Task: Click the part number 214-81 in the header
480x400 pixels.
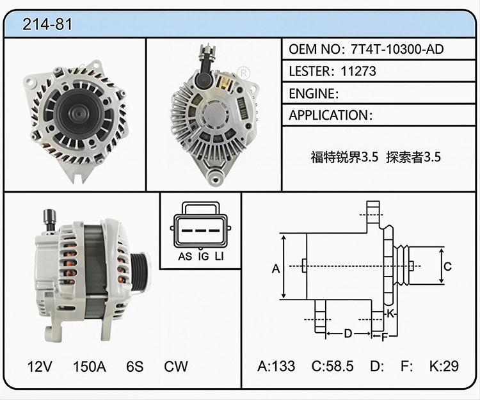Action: coord(47,24)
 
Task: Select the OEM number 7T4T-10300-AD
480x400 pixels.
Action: coord(397,49)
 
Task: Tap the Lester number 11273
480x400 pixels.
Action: coord(358,71)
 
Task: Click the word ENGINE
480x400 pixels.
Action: coord(312,93)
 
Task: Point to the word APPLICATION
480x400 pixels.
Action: coord(328,115)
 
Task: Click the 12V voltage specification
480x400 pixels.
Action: coord(40,366)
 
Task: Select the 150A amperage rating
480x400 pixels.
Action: coord(90,366)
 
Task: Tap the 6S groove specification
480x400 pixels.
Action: coord(134,366)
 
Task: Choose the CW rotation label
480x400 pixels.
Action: coord(176,366)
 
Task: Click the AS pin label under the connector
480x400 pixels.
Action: coord(185,257)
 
